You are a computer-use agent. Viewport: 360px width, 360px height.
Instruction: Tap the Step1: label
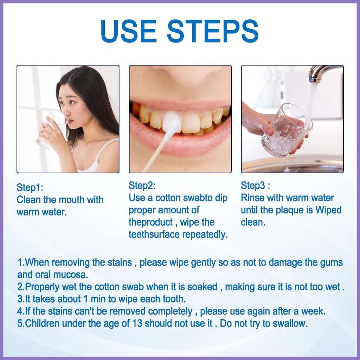30,187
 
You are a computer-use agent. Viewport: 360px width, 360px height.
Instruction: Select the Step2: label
142,185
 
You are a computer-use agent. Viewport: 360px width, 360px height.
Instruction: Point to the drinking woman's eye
72,102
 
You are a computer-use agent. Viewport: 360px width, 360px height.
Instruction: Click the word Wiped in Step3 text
328,210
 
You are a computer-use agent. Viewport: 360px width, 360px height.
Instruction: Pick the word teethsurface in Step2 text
154,234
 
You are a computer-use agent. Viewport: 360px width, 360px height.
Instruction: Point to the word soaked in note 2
202,287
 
